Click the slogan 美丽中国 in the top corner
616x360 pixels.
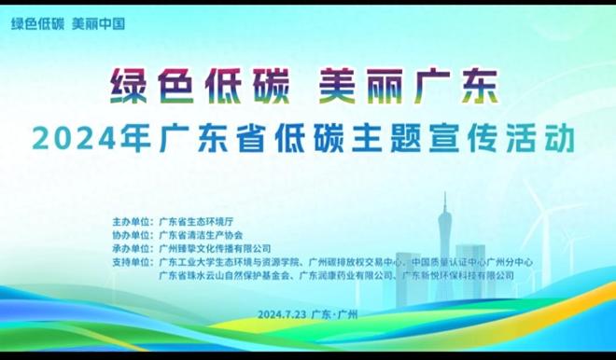pos(98,23)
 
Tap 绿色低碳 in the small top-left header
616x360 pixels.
pos(36,23)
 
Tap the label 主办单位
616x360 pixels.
pos(132,223)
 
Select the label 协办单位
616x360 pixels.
pos(132,236)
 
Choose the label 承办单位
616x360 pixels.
pos(132,249)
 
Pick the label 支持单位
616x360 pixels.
pos(132,262)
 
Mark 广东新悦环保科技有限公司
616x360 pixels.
pos(458,275)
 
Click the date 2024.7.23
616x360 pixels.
pos(281,314)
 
